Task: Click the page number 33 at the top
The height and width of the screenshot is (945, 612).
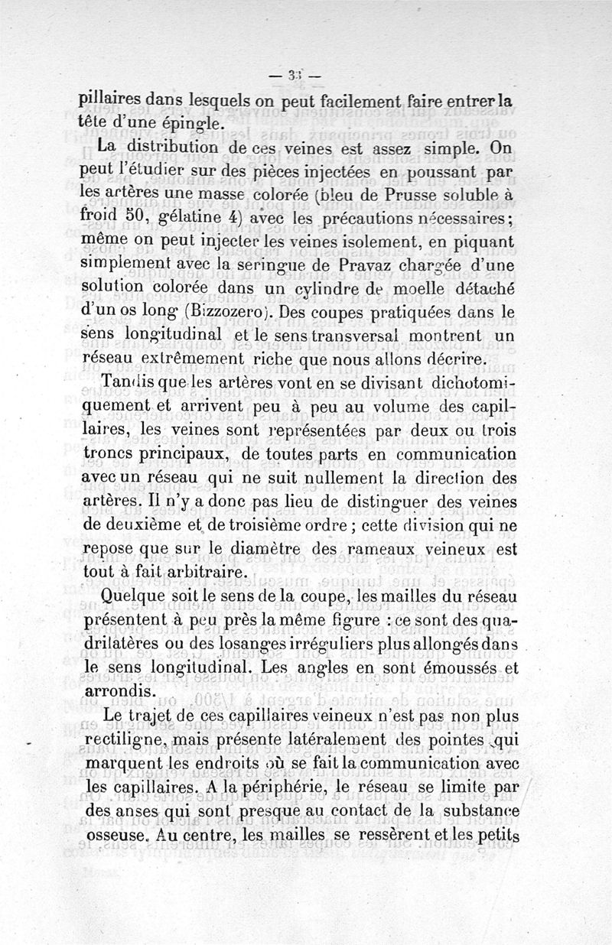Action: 292,74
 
